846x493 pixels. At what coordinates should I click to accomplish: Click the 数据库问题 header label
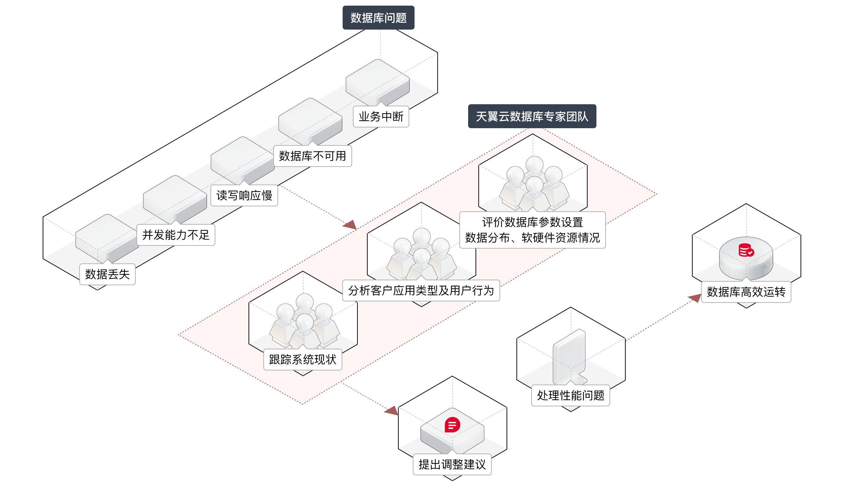click(x=378, y=18)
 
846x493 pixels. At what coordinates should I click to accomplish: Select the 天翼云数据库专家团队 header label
click(x=532, y=116)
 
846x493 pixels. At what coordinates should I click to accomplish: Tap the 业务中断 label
click(x=381, y=117)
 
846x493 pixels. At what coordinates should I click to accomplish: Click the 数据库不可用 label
click(x=313, y=156)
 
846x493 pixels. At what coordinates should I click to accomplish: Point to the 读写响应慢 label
click(x=244, y=195)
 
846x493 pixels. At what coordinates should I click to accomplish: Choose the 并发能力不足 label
click(x=176, y=235)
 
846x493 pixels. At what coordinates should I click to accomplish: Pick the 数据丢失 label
click(x=108, y=274)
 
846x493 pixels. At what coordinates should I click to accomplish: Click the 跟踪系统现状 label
click(x=303, y=360)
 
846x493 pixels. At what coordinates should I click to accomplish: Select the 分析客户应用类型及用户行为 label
click(x=421, y=291)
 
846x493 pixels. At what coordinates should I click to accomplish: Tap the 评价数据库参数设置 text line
click(x=532, y=223)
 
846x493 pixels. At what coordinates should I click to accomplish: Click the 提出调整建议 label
click(x=452, y=464)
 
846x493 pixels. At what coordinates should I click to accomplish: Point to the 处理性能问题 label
click(x=571, y=395)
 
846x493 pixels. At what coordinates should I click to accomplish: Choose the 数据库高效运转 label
click(x=746, y=292)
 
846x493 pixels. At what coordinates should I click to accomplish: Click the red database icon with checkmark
click(x=746, y=250)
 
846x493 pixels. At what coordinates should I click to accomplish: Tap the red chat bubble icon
click(x=452, y=425)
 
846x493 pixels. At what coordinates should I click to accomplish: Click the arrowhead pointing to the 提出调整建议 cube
click(x=392, y=411)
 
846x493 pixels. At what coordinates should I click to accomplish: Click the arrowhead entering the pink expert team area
click(x=350, y=225)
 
